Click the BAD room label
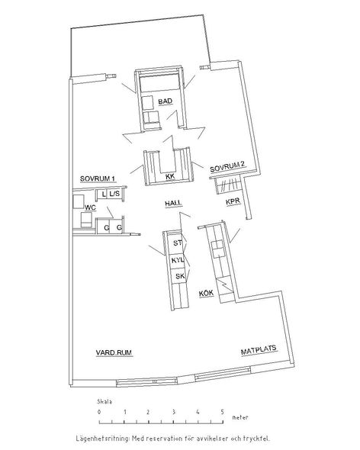(166, 101)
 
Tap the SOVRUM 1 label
(98, 178)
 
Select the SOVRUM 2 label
(227, 167)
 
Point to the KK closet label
(170, 177)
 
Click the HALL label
(173, 203)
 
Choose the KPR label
(233, 202)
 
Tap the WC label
(90, 207)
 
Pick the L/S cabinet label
(114, 194)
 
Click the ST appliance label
(178, 243)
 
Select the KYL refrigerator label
(178, 260)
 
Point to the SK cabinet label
(180, 276)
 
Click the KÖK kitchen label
(207, 293)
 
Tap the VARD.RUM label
(114, 352)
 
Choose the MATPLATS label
(259, 350)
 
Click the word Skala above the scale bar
(104, 401)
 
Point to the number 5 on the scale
(222, 412)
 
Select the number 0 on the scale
(99, 412)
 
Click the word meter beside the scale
(240, 417)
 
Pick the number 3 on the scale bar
(173, 412)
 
